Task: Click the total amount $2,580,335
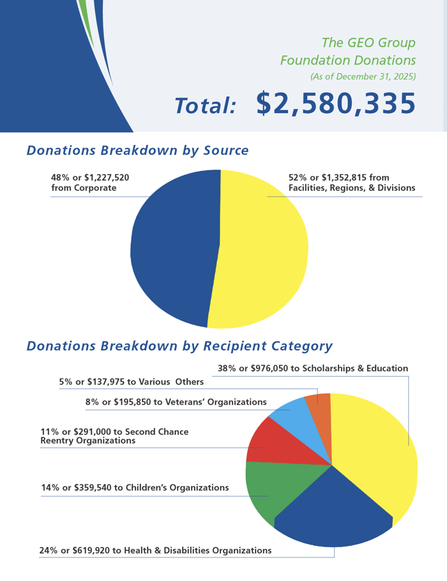pos(336,103)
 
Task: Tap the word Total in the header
pos(206,106)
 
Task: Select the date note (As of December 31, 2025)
pos(363,77)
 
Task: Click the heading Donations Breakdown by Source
pos(137,151)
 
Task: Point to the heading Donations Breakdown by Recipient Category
pos(179,346)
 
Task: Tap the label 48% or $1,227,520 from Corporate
pos(90,183)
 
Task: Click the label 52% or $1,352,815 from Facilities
pos(351,183)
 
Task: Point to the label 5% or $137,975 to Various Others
pos(132,382)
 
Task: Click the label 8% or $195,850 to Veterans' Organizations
pos(176,402)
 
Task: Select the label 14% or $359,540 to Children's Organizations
pos(135,488)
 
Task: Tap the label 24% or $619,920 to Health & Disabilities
pos(155,550)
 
